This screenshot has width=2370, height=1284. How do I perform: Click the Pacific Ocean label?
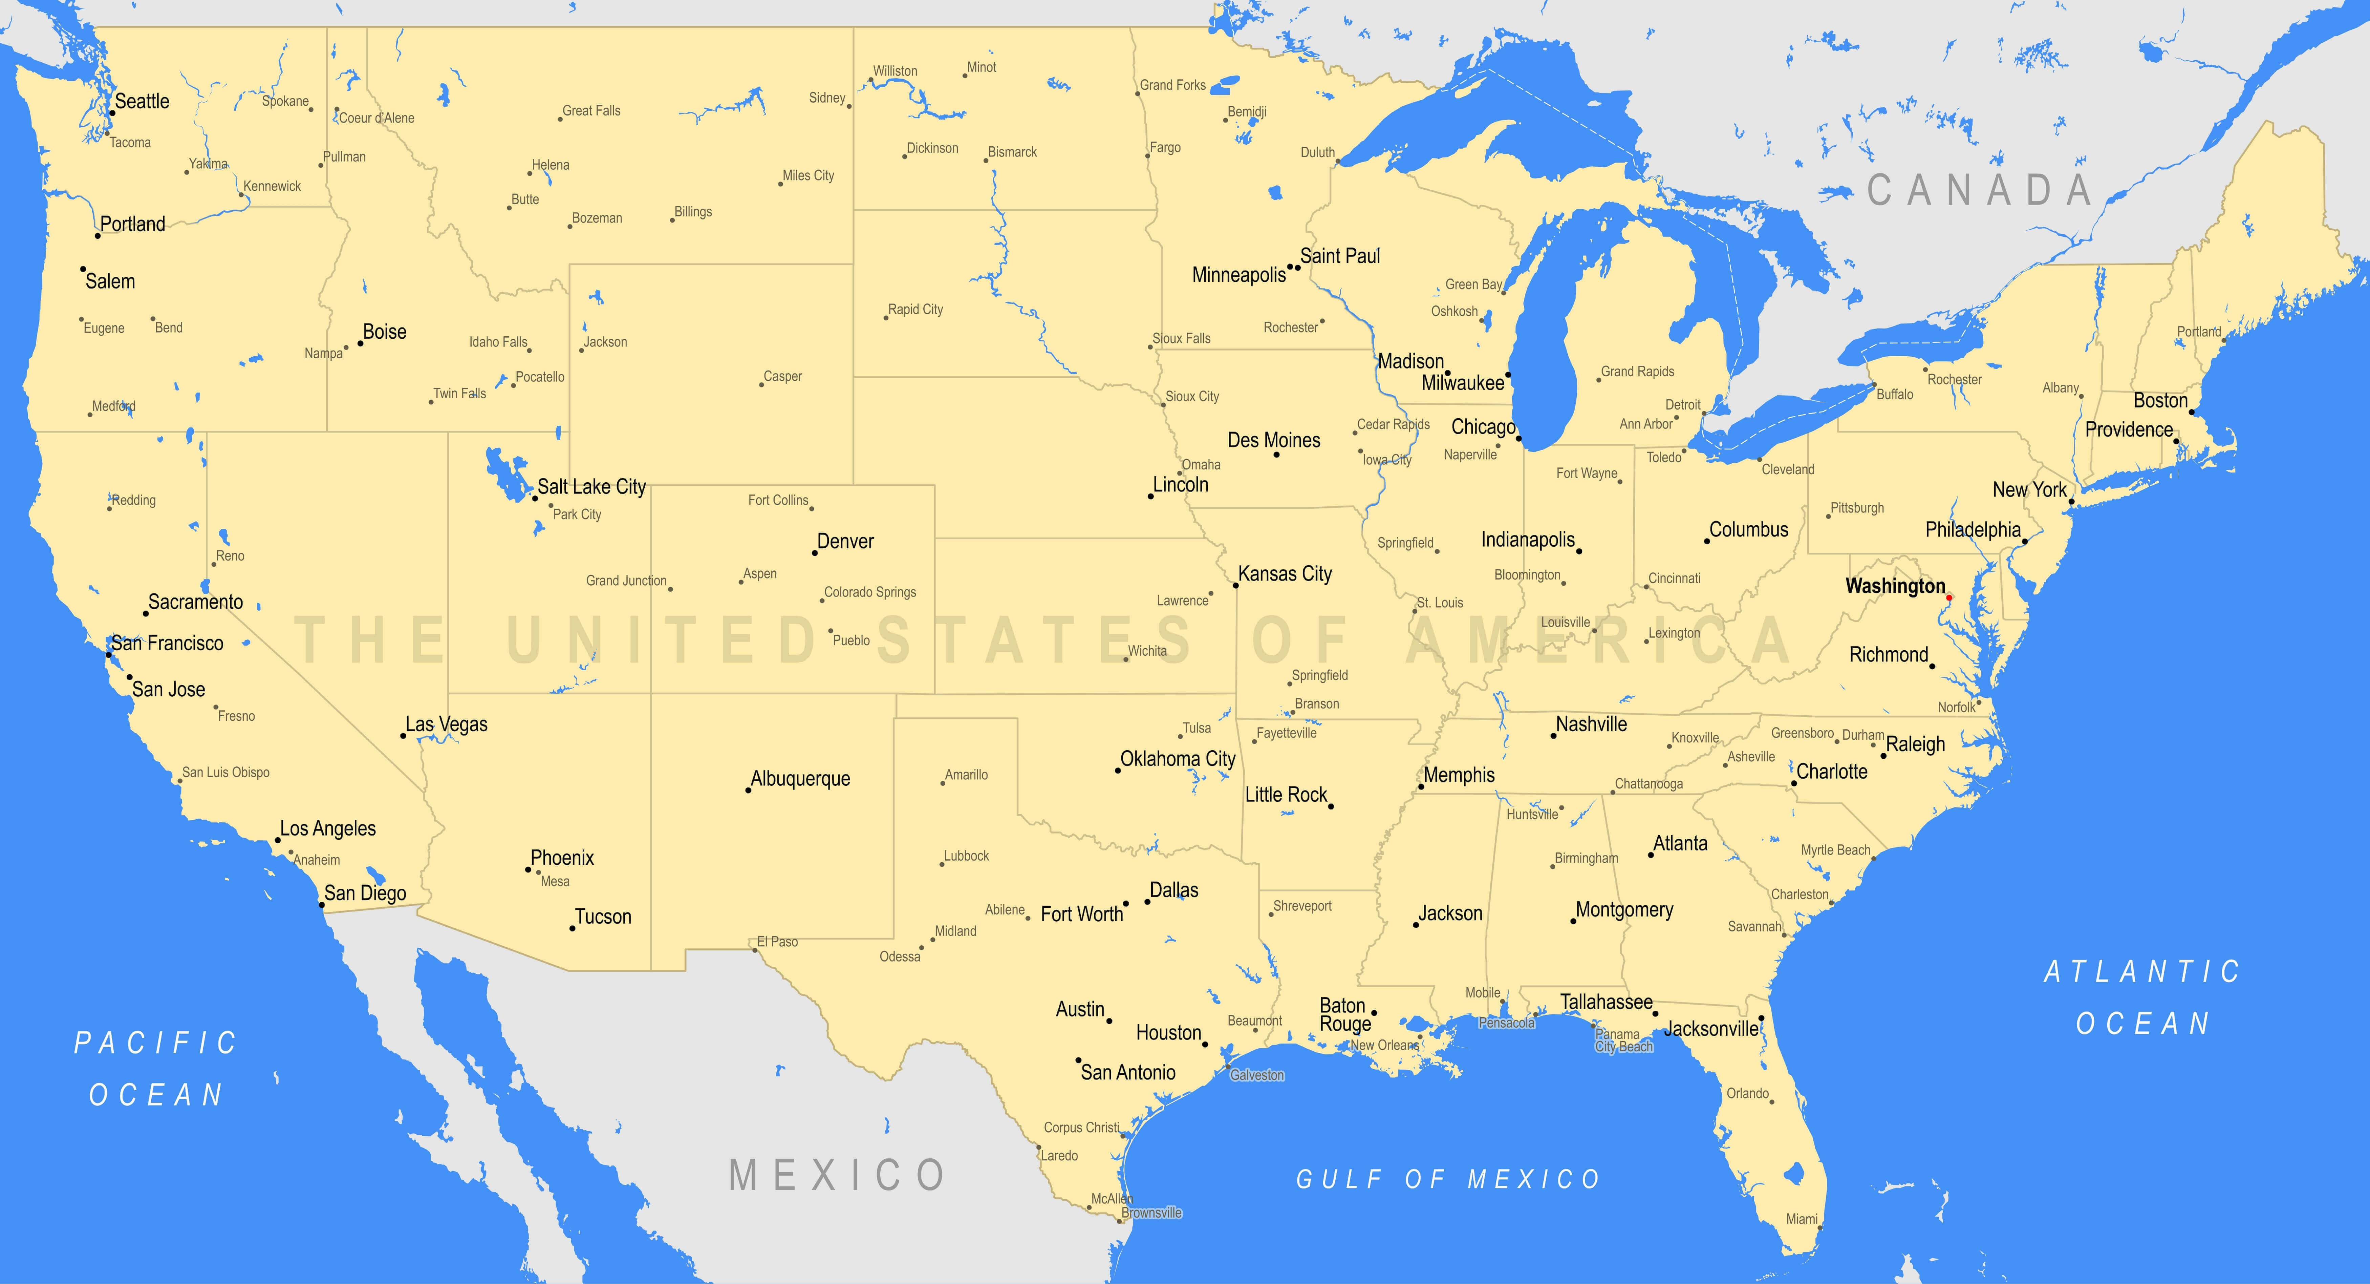156,1069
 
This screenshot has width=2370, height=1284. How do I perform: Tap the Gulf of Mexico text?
1448,1179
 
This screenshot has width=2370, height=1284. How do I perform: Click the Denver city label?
845,541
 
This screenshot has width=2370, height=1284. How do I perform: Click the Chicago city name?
1482,427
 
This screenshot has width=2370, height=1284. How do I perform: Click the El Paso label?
777,942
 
